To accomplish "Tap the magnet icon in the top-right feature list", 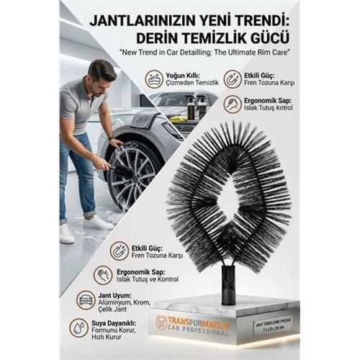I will (233, 78).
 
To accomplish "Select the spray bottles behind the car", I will (196, 107).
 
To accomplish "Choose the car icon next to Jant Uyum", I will (86, 299).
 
